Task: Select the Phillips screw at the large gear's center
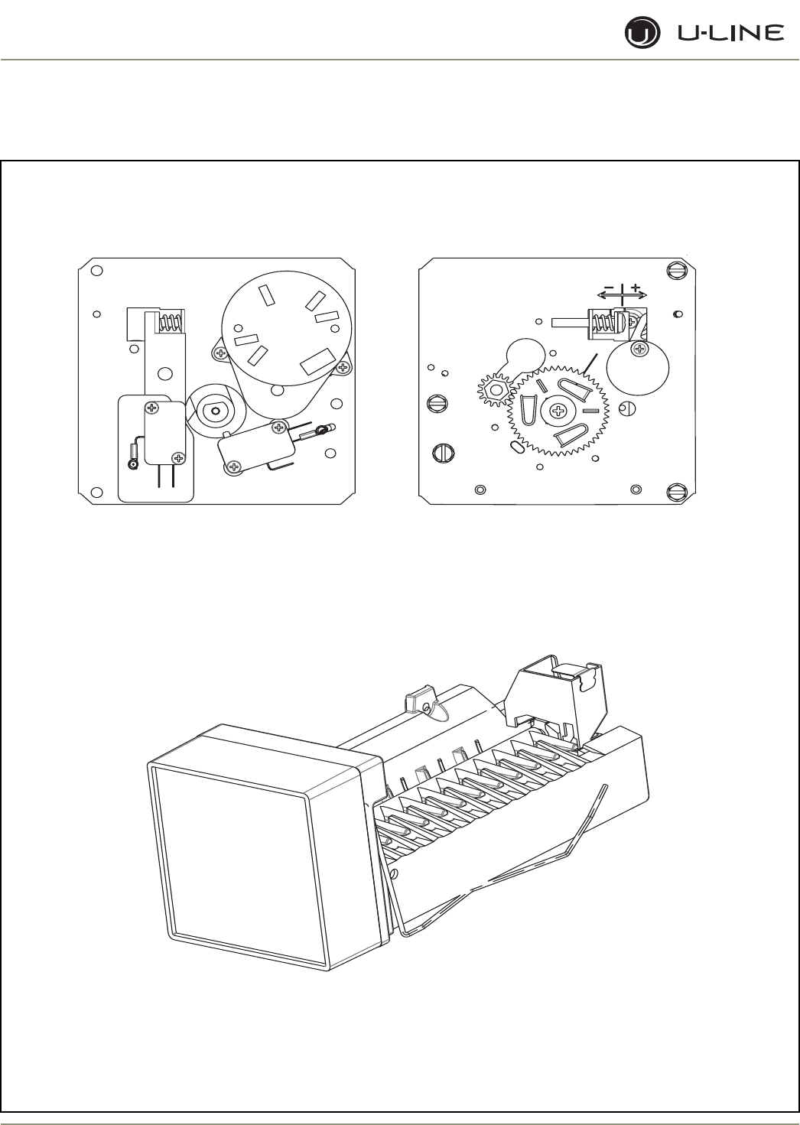(558, 412)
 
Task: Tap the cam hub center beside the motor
(218, 411)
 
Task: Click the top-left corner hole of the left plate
(96, 270)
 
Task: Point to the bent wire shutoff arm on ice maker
(535, 872)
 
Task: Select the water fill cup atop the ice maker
(558, 692)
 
